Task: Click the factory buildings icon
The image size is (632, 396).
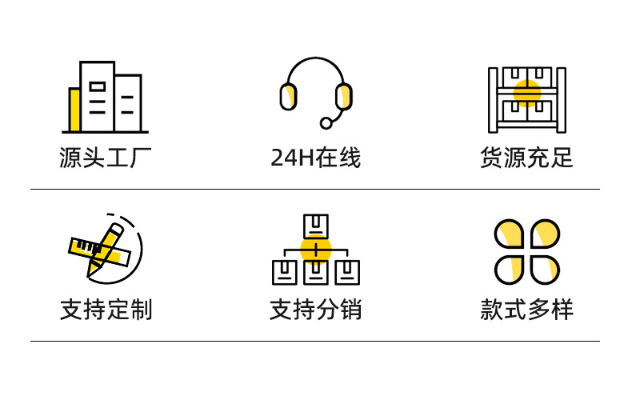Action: click(105, 97)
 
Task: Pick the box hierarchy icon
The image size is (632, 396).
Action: click(316, 249)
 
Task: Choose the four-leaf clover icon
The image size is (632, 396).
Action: click(526, 251)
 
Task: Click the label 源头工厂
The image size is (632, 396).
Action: click(105, 158)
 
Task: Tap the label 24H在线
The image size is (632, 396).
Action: click(316, 158)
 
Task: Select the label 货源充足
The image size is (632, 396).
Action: click(526, 158)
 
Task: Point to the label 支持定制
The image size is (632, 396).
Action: click(105, 310)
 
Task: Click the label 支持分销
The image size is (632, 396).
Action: click(316, 310)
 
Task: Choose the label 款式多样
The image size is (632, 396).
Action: click(526, 310)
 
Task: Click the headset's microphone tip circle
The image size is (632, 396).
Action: click(326, 122)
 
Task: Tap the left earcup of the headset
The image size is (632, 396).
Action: click(288, 97)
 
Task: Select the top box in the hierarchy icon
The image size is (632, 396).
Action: click(316, 225)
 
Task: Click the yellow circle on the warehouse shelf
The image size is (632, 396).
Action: click(526, 93)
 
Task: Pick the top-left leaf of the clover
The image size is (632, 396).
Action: click(510, 234)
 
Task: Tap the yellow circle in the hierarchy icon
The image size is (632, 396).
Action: click(316, 249)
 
